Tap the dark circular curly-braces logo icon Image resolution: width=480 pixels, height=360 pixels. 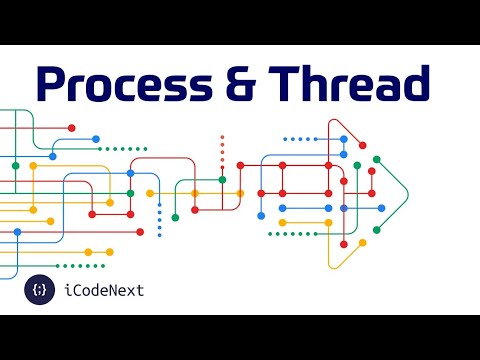click(x=40, y=290)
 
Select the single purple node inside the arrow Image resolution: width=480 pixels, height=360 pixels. click(x=344, y=208)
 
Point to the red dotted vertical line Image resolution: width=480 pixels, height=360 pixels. click(x=222, y=150)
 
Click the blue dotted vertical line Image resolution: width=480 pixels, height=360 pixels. click(x=159, y=215)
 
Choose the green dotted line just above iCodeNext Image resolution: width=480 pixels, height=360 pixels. click(x=80, y=265)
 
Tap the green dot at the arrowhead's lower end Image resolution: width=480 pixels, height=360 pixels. click(x=376, y=230)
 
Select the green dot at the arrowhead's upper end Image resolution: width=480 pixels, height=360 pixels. click(x=376, y=158)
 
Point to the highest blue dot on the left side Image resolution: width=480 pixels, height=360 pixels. click(x=96, y=139)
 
